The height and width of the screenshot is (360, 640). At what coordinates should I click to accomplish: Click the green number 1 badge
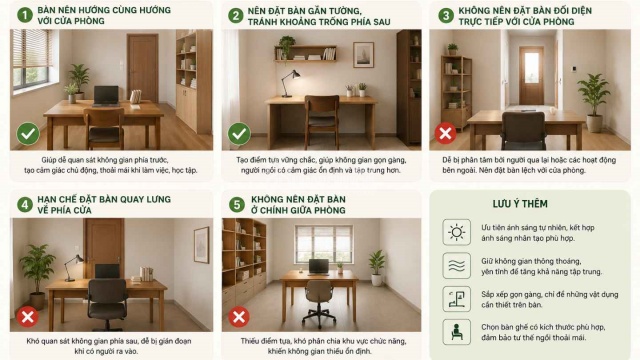click(25, 15)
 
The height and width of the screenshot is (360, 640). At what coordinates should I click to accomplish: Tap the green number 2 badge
click(236, 16)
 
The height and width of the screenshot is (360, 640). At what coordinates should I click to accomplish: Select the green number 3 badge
click(446, 16)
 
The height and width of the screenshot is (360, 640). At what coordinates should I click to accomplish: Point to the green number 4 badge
click(25, 204)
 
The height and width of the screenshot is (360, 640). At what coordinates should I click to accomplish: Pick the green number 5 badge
click(237, 204)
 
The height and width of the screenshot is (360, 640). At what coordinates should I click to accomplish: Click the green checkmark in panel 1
click(28, 133)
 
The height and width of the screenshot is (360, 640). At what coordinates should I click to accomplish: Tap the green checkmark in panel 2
click(239, 133)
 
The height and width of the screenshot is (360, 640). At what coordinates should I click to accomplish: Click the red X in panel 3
click(445, 133)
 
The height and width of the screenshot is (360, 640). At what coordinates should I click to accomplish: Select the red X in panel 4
click(28, 317)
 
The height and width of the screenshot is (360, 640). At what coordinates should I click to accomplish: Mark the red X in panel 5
click(239, 317)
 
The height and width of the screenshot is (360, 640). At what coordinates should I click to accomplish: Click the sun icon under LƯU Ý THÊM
click(456, 232)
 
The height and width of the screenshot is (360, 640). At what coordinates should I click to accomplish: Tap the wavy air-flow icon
click(456, 266)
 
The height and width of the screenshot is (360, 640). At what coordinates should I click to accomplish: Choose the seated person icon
click(456, 332)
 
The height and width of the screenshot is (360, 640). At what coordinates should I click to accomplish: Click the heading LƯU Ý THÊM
click(520, 204)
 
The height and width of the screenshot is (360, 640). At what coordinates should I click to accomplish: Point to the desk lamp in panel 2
click(290, 83)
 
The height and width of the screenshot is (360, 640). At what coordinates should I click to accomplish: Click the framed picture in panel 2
click(363, 55)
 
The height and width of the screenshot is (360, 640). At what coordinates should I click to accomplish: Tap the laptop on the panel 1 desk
click(106, 96)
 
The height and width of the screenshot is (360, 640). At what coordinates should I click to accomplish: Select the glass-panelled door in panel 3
click(531, 75)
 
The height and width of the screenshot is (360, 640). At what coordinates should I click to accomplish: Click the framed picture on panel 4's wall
click(201, 245)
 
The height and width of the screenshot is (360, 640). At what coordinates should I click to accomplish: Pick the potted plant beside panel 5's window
click(376, 268)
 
